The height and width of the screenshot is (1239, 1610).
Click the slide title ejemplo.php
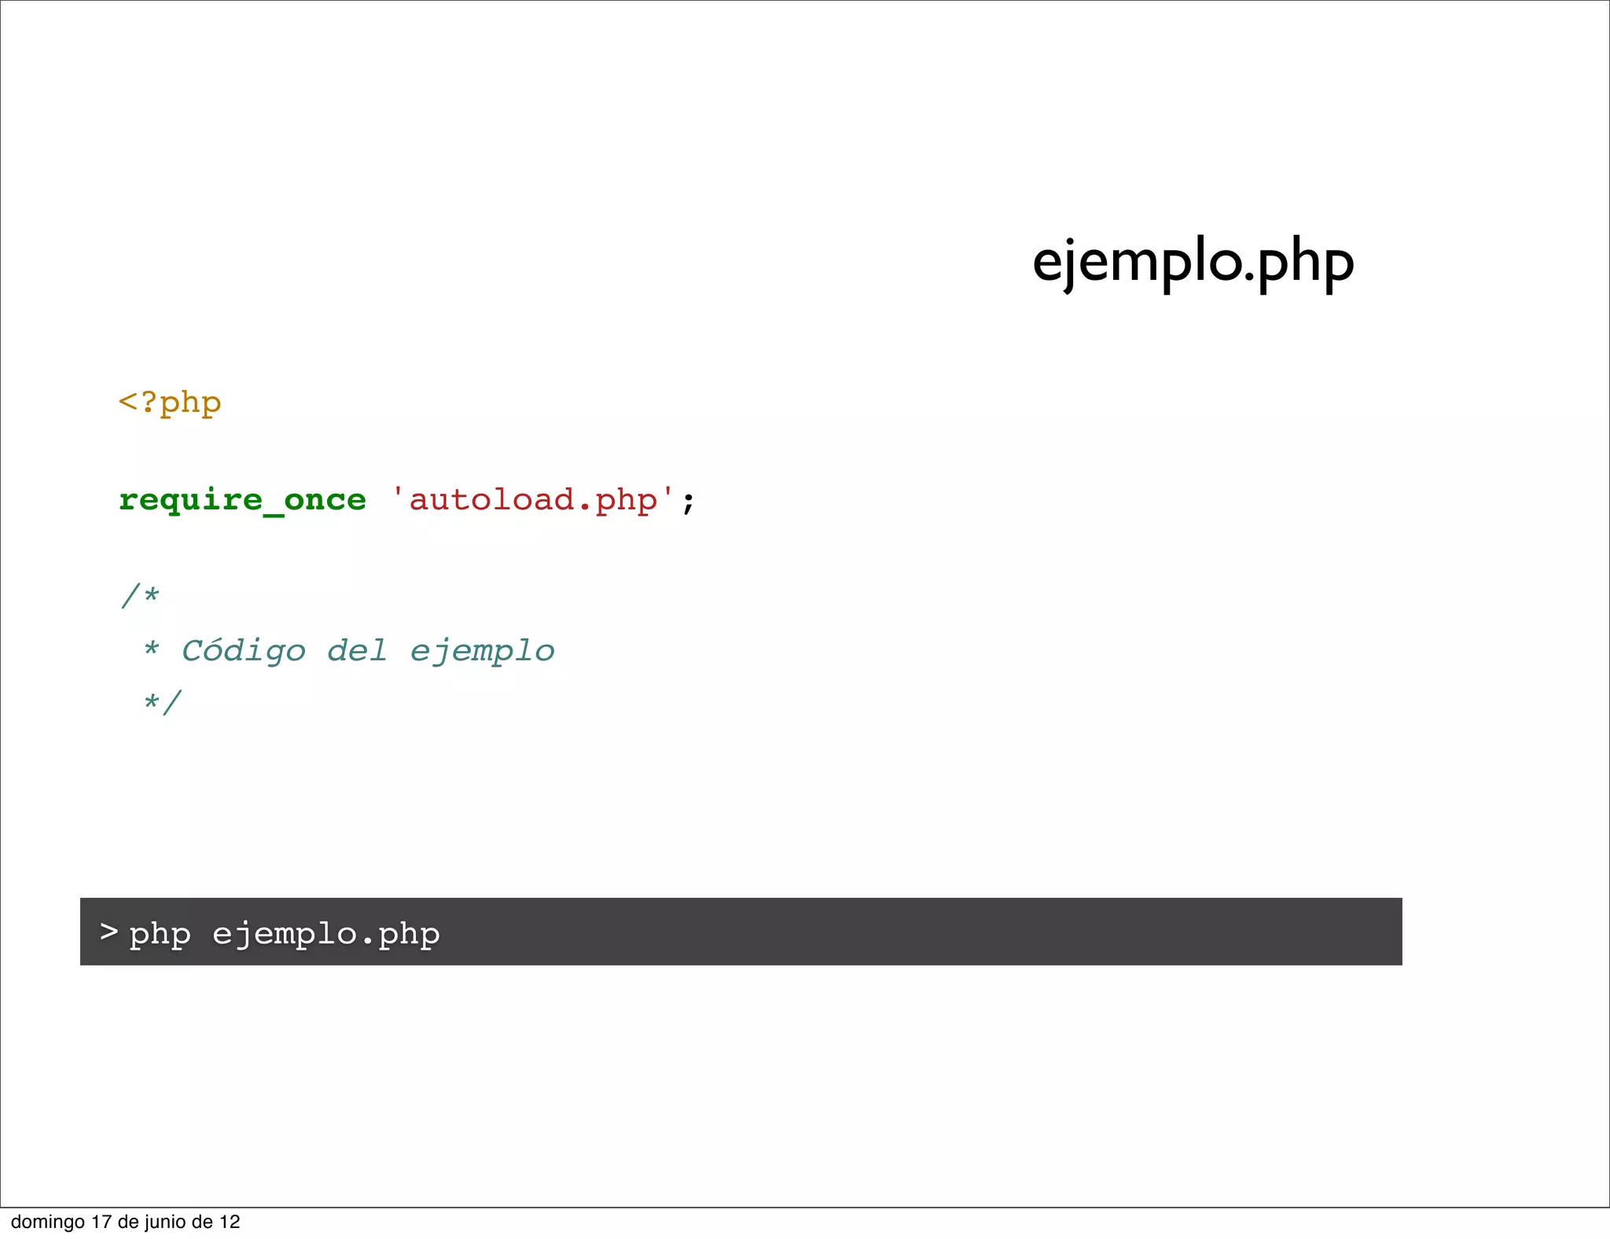[x=1193, y=263]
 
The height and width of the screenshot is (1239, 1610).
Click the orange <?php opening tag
[x=170, y=403]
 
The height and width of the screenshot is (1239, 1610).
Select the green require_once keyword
[x=242, y=500]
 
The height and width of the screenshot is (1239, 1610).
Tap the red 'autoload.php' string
[x=532, y=500]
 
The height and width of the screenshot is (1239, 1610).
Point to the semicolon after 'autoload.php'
[x=688, y=502]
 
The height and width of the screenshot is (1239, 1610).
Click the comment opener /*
[x=140, y=595]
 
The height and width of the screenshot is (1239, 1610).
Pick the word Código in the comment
[x=243, y=651]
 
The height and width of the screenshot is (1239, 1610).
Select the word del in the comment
[x=357, y=650]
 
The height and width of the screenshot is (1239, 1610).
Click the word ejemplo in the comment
[x=482, y=652]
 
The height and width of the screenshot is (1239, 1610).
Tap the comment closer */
[x=163, y=701]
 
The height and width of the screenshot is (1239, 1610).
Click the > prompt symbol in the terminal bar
[x=108, y=932]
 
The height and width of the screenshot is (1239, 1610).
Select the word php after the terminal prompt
[x=160, y=935]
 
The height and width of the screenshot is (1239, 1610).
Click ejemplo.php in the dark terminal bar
[x=325, y=935]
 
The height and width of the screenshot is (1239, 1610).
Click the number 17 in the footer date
[x=101, y=1222]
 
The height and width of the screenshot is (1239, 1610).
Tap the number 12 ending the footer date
[x=230, y=1222]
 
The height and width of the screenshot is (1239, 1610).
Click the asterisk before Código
[x=151, y=648]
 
